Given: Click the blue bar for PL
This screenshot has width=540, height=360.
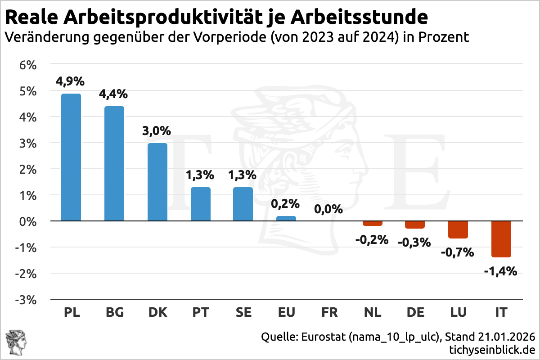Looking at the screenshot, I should click(x=71, y=157).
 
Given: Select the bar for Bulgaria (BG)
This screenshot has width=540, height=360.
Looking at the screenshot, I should click(x=114, y=164).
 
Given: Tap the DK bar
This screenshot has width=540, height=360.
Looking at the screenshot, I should click(x=157, y=182).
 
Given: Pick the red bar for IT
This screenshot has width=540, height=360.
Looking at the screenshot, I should click(x=501, y=239).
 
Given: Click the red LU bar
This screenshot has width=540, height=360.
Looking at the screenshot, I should click(x=458, y=229).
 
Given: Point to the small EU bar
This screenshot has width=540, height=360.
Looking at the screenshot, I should click(x=286, y=219).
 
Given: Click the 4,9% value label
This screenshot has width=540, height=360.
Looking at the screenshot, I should click(x=70, y=81).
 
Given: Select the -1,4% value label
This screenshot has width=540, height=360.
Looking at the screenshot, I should click(x=500, y=271).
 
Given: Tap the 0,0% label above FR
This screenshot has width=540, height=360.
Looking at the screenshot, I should click(x=328, y=209).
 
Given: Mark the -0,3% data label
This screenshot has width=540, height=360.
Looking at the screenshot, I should click(x=414, y=242).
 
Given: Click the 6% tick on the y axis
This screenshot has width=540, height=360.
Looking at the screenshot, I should click(x=27, y=65).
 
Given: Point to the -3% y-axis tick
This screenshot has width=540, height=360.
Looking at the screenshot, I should click(x=26, y=299).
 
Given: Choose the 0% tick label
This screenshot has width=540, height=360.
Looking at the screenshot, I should click(x=27, y=221).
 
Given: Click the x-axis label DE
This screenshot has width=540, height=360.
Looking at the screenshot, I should click(x=415, y=312).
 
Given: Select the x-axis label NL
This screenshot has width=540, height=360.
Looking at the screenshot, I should click(x=372, y=312).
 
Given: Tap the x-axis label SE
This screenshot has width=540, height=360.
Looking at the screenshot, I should click(x=243, y=312).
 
